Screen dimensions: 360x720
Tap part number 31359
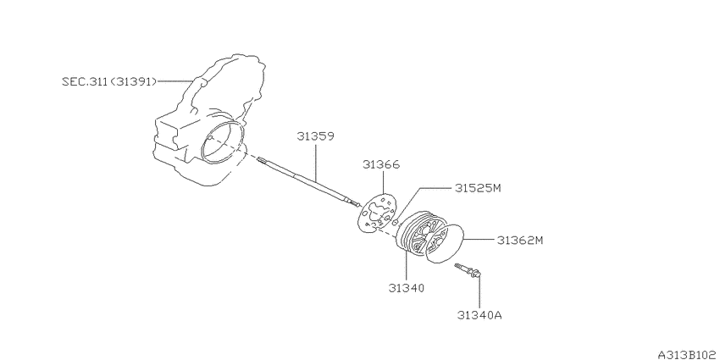click(314, 135)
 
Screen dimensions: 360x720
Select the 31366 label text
click(381, 164)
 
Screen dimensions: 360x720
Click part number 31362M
click(519, 240)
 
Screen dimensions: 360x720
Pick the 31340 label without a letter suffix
click(407, 287)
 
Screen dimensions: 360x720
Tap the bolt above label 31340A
click(468, 271)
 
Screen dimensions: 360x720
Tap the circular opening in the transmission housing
click(223, 139)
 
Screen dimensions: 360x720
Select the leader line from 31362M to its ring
click(482, 239)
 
